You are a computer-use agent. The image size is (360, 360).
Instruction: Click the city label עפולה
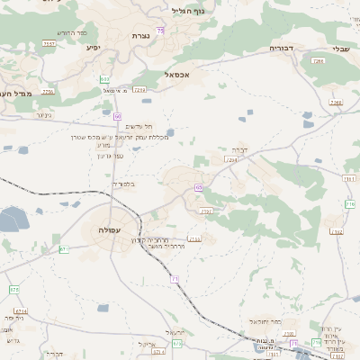[x=116, y=229]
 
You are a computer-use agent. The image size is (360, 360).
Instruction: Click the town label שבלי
[x=340, y=49]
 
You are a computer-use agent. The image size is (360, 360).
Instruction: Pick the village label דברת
[x=238, y=148]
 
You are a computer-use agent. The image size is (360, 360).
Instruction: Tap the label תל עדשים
[x=139, y=127]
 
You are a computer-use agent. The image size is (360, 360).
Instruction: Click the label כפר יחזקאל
[x=263, y=319]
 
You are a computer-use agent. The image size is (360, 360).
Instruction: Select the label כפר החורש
[x=76, y=33]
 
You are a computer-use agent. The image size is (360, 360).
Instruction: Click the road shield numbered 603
[x=105, y=80]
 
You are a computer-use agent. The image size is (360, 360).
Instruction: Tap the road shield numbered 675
[x=65, y=248]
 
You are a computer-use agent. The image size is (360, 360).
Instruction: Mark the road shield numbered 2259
[x=48, y=92]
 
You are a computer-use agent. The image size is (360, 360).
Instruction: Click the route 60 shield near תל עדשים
[x=118, y=116]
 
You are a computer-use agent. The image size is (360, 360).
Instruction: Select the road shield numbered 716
[x=350, y=204]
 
